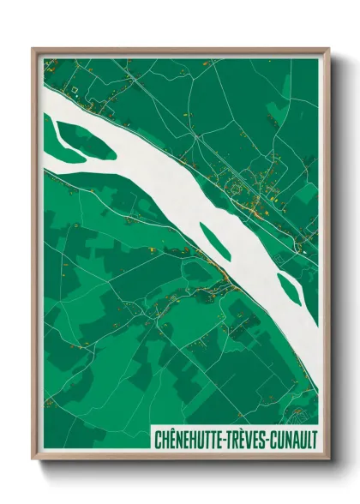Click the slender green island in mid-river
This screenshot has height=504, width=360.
(x=214, y=241)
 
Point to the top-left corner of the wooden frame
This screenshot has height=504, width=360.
(x=33, y=49)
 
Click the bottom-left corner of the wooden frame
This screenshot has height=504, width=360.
(x=33, y=461)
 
